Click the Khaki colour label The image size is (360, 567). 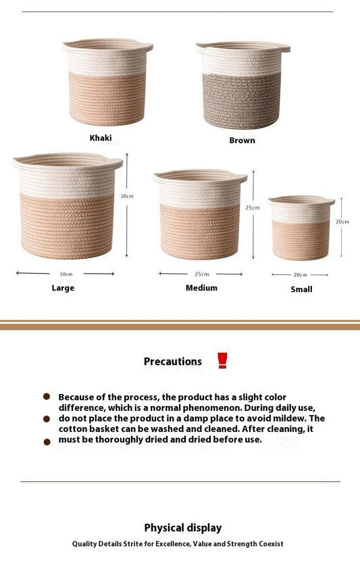[101, 138]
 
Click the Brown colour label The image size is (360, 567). [242, 141]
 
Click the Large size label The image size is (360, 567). [63, 288]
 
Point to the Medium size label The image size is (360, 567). [201, 288]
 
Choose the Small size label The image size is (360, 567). [301, 289]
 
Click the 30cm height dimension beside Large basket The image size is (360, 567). [127, 196]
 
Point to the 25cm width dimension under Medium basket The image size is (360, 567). [201, 274]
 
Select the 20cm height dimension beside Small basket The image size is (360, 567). [342, 222]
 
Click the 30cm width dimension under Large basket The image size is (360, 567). [66, 274]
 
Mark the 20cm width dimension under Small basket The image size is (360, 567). [300, 275]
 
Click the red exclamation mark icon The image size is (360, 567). [222, 360]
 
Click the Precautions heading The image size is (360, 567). [172, 362]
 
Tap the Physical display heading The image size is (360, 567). [182, 528]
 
